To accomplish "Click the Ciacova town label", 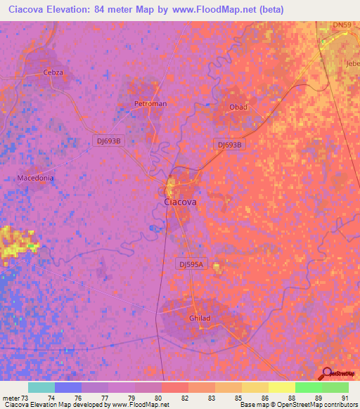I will click(180, 202).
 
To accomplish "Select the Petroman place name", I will click(150, 104).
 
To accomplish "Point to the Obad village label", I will click(238, 108).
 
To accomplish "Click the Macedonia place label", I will click(35, 178).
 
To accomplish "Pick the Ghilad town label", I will click(200, 318).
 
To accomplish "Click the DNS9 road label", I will click(342, 25).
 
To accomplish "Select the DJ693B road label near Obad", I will click(229, 144).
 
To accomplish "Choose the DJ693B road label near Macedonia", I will click(108, 141).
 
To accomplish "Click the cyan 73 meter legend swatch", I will click(41, 387).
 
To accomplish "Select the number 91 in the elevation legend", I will click(344, 398).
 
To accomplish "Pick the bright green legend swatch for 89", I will click(308, 387).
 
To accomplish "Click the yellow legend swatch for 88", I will click(281, 387).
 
